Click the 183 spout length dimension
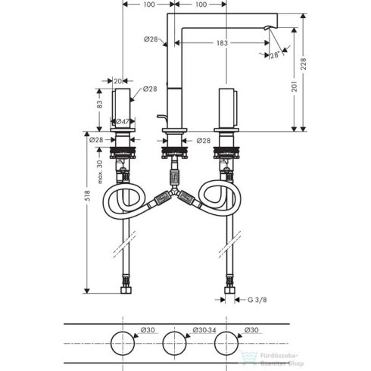pyautogui.click(x=221, y=44)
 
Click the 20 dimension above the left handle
pyautogui.click(x=118, y=78)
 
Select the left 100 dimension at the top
pyautogui.click(x=148, y=5)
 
